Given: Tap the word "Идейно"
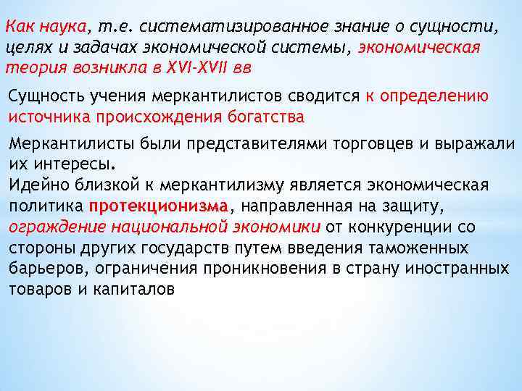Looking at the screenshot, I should [35, 185].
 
